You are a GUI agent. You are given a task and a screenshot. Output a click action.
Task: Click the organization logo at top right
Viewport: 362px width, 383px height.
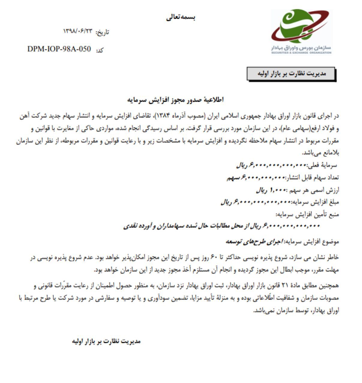pyautogui.click(x=301, y=31)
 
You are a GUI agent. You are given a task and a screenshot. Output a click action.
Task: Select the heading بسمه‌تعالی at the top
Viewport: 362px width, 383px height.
pyautogui.click(x=181, y=17)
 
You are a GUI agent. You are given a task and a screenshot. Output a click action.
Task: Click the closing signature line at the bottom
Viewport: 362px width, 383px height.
pyautogui.click(x=106, y=341)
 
